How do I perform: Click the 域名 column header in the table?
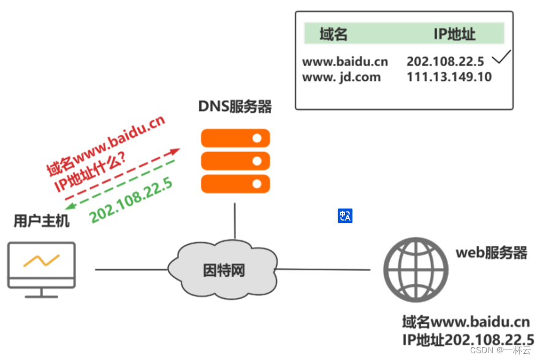point(333,34)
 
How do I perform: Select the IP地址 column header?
point(454,34)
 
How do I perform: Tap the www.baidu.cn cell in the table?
point(345,61)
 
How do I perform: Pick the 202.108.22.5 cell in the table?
point(445,61)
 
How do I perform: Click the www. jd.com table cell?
point(341,77)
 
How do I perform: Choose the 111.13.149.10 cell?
point(449,77)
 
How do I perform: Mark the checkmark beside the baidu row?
point(502,59)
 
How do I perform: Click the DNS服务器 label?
point(235,108)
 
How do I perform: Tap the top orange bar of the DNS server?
point(235,138)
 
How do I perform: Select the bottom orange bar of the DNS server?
point(235,183)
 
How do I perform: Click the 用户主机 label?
point(42,221)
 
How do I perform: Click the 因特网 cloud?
point(224,269)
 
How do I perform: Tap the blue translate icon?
point(345,215)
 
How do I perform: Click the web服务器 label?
point(491,253)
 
